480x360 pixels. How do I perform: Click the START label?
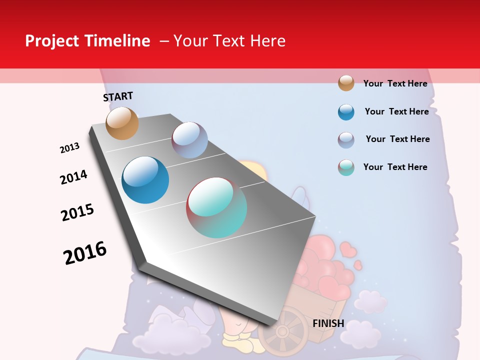tap(118, 96)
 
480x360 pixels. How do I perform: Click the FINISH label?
tap(328, 323)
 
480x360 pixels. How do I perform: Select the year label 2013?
tap(69, 148)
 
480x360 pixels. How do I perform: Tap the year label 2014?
tap(73, 177)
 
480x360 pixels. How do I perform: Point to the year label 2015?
tap(77, 212)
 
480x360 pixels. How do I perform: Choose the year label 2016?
tap(85, 253)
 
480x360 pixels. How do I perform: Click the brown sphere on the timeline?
tap(122, 123)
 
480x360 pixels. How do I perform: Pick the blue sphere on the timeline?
tap(145, 180)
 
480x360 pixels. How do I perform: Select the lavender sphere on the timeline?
tap(189, 140)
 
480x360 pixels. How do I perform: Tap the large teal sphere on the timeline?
tap(216, 207)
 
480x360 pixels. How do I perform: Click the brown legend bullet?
tap(346, 83)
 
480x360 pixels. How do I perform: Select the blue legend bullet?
tap(346, 112)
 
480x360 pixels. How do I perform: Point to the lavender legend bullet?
tap(346, 140)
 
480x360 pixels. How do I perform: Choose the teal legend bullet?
tap(346, 167)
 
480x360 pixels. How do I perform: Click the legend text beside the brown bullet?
tap(395, 83)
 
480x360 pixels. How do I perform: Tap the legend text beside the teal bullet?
tap(395, 167)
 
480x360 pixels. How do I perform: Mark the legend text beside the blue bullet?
tap(396, 111)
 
